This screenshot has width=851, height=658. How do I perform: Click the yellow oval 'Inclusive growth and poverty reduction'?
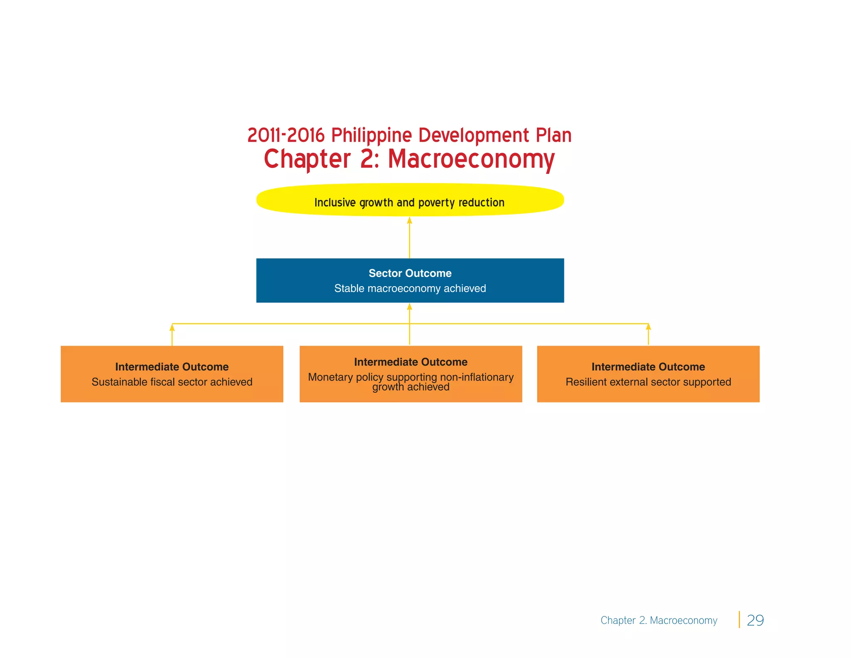410,200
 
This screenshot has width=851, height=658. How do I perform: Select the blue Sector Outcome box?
410,280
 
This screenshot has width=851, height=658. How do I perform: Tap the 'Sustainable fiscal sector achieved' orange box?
172,374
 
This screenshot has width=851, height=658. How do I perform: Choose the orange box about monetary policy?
411,374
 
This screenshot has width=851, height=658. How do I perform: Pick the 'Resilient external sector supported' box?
648,374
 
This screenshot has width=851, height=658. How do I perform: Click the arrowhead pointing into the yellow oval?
410,220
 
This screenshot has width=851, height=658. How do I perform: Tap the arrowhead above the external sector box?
648,327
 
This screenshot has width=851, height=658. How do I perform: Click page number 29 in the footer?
755,620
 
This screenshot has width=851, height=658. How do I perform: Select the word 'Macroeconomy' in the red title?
471,159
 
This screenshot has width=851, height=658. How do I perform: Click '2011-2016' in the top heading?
285,135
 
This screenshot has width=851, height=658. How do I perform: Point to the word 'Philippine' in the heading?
371,135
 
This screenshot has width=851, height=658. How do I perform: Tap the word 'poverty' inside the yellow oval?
436,203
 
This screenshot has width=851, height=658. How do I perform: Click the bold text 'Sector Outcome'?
410,273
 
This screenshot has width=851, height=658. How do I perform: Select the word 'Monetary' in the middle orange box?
330,377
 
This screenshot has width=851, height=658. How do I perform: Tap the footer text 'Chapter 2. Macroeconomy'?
659,620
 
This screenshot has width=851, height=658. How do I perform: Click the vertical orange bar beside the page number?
739,619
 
